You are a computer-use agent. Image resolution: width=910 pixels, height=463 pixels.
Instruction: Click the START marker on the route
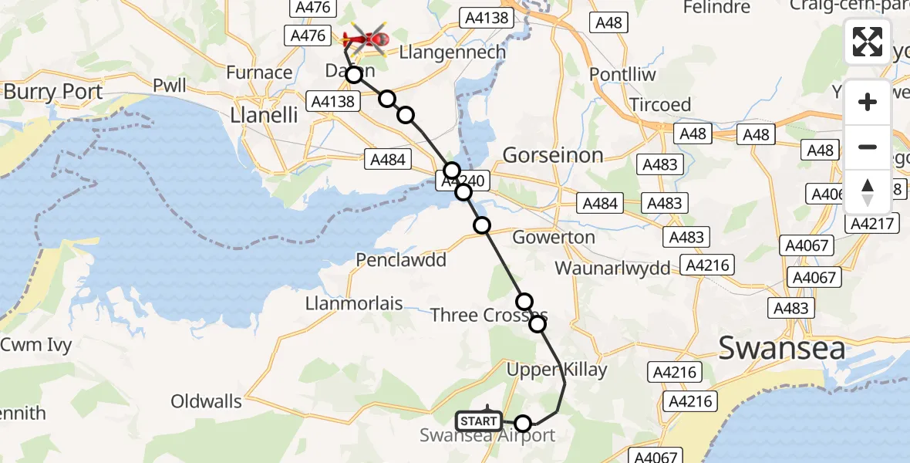point(478,421)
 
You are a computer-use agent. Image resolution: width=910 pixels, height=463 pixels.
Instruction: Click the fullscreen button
point(868,42)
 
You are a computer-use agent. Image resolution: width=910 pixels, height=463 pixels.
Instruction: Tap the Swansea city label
point(781,347)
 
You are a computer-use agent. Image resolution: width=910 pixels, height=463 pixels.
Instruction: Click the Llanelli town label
point(265,115)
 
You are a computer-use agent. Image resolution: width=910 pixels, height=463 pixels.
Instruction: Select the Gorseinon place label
point(553,155)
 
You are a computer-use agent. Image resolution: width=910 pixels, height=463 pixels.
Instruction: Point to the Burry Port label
point(53,92)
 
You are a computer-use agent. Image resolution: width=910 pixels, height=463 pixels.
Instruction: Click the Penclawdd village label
point(401,260)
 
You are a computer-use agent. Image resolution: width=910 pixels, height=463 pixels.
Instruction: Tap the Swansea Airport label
point(487,435)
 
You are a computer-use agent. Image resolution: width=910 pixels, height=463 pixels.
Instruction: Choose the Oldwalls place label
point(206,401)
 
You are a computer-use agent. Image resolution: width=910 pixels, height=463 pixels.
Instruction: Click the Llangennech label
point(452,52)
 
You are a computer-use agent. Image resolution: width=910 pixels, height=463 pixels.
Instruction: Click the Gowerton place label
point(554,237)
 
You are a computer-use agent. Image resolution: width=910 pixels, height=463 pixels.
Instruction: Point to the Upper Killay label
point(546,370)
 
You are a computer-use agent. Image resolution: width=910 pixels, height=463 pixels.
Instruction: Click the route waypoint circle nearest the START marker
point(524,423)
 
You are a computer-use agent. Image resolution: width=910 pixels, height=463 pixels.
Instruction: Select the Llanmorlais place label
point(355,303)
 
